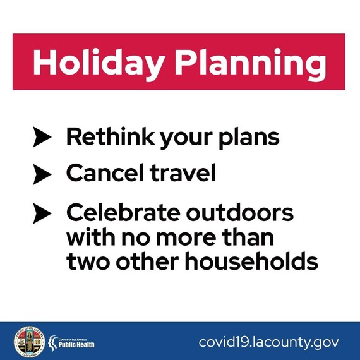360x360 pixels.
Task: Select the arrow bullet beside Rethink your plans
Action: (x=41, y=138)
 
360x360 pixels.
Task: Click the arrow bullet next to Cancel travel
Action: (x=41, y=174)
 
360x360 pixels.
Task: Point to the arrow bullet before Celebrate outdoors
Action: (x=41, y=214)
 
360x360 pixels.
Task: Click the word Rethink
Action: (x=104, y=137)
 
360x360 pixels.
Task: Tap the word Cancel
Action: (x=101, y=173)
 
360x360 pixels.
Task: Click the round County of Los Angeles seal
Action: (x=30, y=342)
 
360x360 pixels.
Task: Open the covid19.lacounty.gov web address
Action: (x=268, y=342)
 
